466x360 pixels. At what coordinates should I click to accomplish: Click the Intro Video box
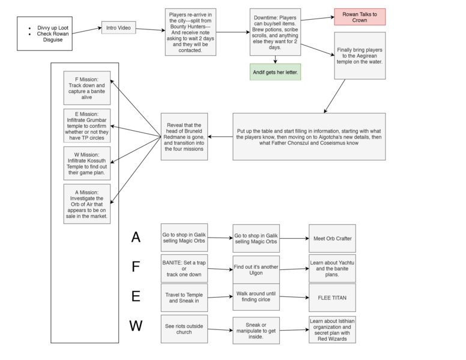point(118,28)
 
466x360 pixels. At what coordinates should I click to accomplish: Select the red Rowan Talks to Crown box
point(360,17)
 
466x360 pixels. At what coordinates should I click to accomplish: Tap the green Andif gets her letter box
point(276,72)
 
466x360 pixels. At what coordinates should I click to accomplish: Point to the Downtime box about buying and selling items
point(276,32)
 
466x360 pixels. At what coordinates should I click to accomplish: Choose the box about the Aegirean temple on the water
point(360,56)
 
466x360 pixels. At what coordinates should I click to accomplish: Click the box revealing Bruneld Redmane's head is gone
point(184,136)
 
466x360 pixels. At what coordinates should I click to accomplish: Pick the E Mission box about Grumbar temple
point(86,125)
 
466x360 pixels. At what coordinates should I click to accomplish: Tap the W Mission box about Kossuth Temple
point(86,163)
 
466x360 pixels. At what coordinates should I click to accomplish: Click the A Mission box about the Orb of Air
point(86,203)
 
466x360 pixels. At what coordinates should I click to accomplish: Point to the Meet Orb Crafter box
point(332,238)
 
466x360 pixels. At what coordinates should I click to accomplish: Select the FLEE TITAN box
point(332,297)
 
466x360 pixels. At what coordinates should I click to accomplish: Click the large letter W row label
point(136,326)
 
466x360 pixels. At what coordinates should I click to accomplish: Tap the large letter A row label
point(136,238)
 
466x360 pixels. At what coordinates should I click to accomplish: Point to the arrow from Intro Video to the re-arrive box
point(150,29)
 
